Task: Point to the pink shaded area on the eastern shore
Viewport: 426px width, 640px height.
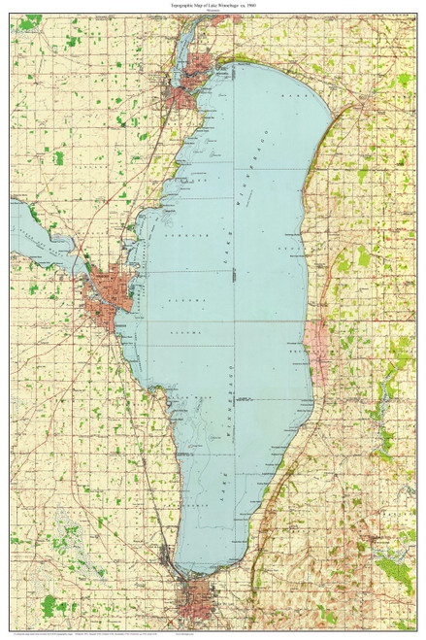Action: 314,340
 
